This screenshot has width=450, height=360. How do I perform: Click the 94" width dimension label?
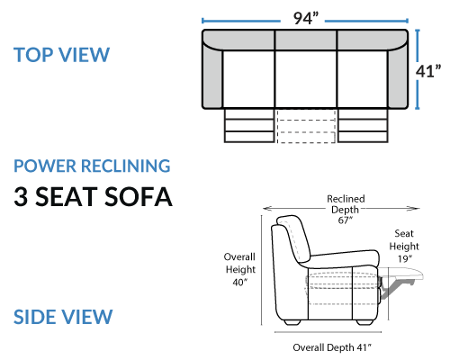pos(305,18)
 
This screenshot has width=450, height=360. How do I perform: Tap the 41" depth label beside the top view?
pos(428,71)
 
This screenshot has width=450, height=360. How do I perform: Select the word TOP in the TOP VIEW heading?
pos(32,55)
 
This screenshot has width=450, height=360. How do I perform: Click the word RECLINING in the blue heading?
pos(126,166)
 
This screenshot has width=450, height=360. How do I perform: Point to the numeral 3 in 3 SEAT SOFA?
pos(21,196)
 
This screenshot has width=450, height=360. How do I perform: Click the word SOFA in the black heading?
pos(139,196)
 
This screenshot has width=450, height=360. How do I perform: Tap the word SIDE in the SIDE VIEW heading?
pos(33,317)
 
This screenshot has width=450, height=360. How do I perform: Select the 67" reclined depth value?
pos(345,220)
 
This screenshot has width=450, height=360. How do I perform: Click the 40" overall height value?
pos(240,282)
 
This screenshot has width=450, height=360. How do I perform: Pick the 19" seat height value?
pos(405,258)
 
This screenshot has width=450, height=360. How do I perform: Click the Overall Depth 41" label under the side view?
pos(332,347)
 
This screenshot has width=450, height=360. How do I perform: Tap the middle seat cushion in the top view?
pos(306,79)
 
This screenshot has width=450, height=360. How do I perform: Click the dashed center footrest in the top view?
pos(306,125)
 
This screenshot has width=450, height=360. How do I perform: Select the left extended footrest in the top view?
pos(249,125)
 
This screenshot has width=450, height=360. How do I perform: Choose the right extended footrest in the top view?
pos(363,125)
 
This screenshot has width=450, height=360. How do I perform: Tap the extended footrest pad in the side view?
pos(402,273)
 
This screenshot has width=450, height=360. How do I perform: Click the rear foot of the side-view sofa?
pos(292,322)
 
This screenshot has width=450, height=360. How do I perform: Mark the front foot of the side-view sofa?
pos(364,322)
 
